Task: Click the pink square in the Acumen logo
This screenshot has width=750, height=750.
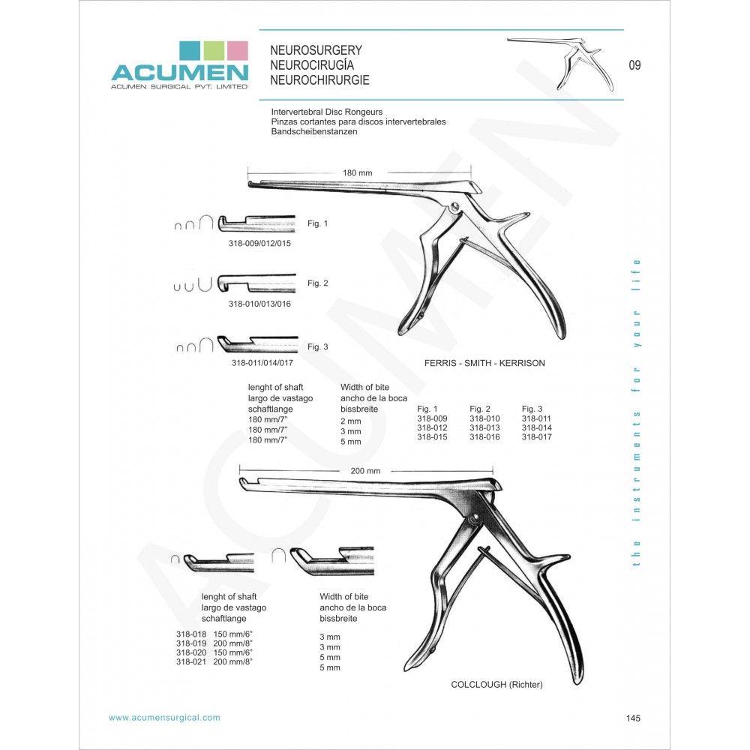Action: (x=237, y=51)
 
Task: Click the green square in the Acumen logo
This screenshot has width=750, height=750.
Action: (x=214, y=51)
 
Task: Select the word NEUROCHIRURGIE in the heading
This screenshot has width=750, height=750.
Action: (x=319, y=80)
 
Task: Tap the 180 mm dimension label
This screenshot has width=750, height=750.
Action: (x=357, y=172)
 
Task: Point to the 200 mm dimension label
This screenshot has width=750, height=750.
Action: (x=365, y=471)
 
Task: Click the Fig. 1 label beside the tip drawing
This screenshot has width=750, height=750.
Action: (x=317, y=223)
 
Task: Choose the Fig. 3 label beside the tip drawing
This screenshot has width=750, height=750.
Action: (x=317, y=346)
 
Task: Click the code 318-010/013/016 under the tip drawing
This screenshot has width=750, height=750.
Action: (x=259, y=304)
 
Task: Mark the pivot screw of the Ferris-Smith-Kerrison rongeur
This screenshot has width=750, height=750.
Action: (x=455, y=207)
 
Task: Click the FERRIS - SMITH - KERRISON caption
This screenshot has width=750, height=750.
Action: (x=484, y=363)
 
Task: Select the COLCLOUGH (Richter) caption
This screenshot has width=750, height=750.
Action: (x=497, y=685)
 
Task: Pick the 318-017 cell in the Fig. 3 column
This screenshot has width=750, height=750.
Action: (x=537, y=436)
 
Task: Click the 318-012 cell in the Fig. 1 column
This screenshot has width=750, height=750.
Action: (x=432, y=427)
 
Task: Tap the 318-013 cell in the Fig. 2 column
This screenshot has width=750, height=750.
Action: (x=484, y=427)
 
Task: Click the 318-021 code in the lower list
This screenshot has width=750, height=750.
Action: (x=191, y=661)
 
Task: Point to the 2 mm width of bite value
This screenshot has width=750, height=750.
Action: (x=350, y=421)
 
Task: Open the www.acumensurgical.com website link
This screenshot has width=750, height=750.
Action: (x=164, y=718)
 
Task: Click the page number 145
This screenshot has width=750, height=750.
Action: (x=633, y=718)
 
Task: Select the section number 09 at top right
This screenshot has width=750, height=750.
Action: (x=634, y=65)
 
